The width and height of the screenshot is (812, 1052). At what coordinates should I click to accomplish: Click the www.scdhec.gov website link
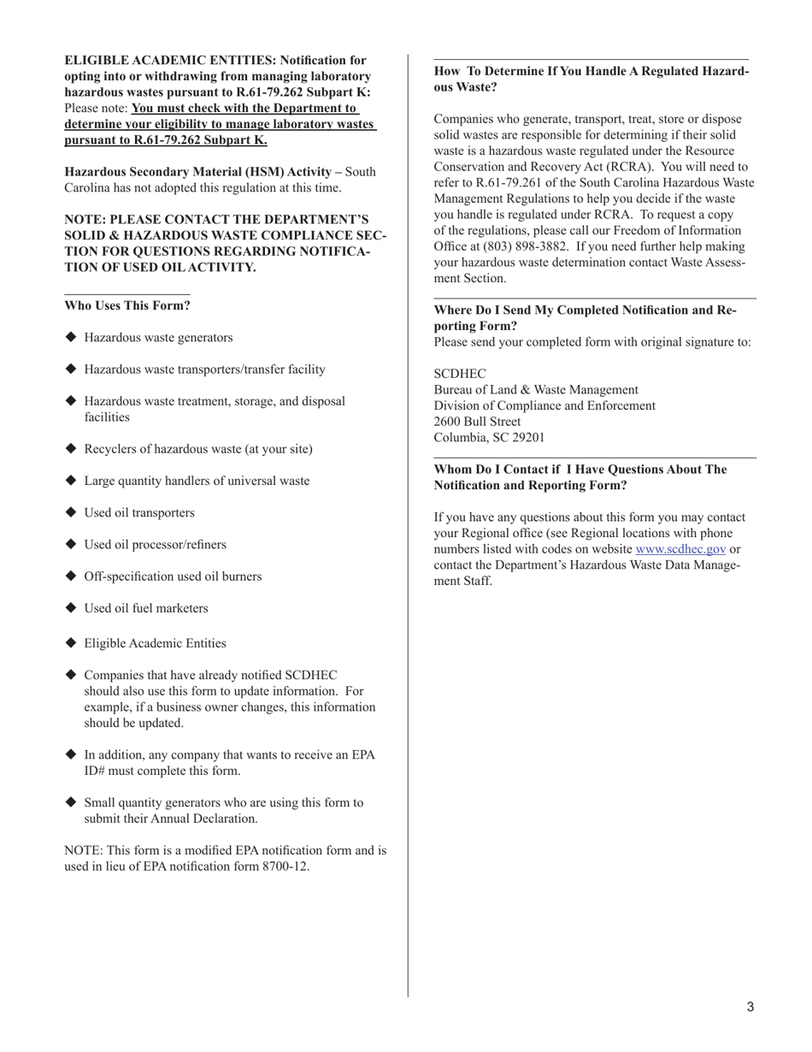click(680, 549)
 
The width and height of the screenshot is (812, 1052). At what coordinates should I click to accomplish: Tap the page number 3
click(750, 1008)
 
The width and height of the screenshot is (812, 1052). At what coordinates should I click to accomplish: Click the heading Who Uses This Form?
click(127, 305)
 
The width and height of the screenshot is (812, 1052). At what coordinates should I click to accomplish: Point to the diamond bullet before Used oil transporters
click(71, 512)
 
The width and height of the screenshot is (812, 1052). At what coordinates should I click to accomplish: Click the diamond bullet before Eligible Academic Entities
click(71, 643)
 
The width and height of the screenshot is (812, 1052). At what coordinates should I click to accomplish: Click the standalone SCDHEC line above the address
click(460, 374)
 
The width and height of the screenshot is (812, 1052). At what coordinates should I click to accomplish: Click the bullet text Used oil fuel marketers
click(146, 608)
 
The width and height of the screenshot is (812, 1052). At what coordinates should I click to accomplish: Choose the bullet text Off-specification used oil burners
click(173, 576)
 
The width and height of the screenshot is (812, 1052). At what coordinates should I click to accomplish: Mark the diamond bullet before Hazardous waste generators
click(71, 337)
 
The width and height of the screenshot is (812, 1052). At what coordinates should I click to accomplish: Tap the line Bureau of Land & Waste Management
click(536, 390)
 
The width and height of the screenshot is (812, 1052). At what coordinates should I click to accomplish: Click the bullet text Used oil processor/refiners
click(155, 545)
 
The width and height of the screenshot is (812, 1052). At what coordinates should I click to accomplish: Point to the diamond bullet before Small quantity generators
click(71, 802)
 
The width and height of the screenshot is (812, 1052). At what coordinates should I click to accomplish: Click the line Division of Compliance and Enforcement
click(544, 405)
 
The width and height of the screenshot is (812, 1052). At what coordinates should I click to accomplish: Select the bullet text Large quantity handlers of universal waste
click(197, 481)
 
